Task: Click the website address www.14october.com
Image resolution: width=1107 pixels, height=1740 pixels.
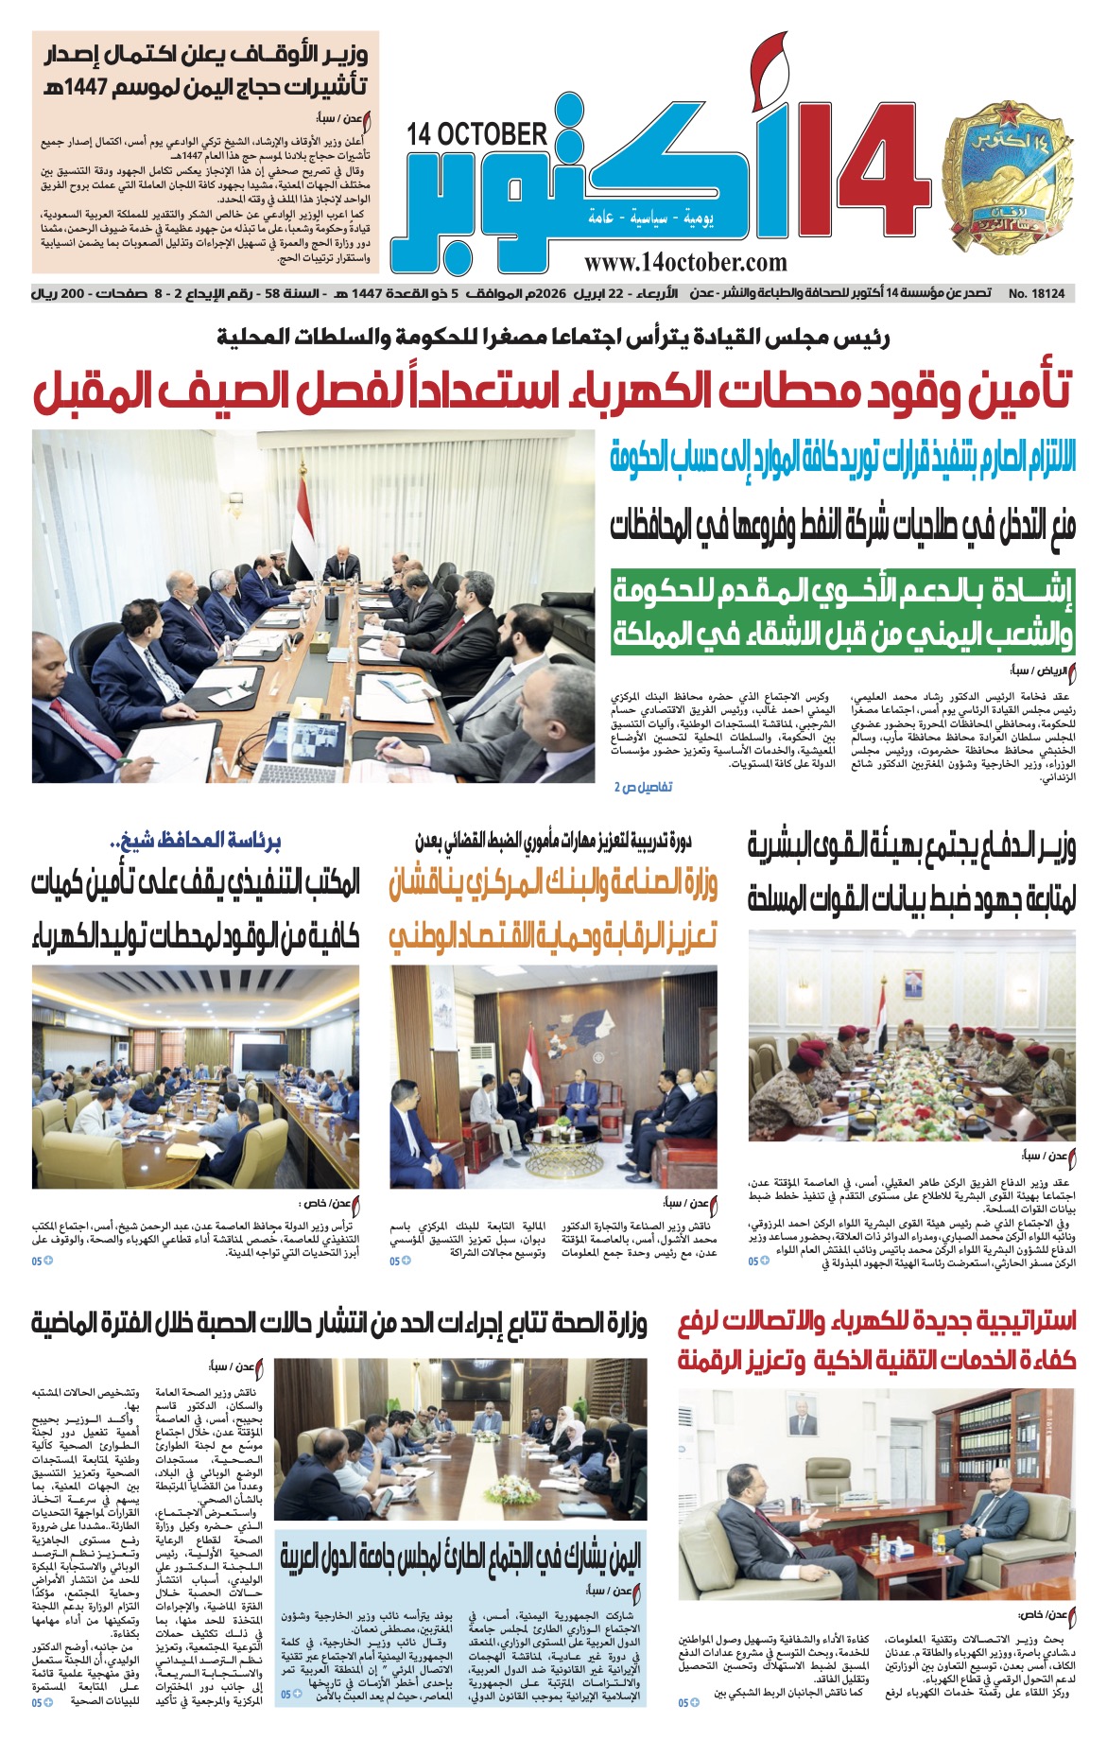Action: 685,262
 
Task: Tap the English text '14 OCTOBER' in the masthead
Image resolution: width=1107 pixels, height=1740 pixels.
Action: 477,134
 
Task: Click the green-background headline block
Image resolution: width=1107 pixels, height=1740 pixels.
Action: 842,612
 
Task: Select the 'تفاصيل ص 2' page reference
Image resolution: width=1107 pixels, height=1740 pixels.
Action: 644,787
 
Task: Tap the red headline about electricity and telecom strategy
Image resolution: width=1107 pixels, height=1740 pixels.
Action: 876,1340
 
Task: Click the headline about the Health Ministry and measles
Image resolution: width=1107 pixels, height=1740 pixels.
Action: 338,1324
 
